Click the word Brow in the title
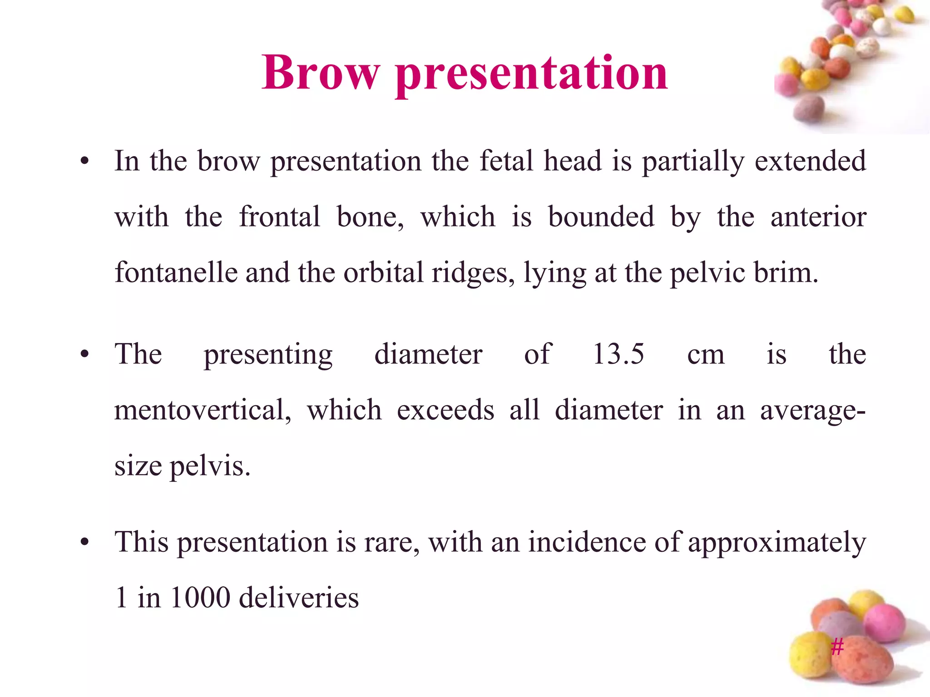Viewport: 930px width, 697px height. (320, 73)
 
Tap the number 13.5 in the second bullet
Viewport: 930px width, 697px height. (618, 354)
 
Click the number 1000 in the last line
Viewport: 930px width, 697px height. (200, 597)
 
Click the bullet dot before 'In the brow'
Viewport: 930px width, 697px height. (84, 162)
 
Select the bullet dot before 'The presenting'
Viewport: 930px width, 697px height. (84, 355)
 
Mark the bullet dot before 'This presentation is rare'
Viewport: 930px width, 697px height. (84, 542)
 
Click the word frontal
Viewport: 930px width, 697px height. (280, 216)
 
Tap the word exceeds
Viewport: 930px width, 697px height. (445, 410)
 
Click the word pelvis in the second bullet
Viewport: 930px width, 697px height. (209, 466)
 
